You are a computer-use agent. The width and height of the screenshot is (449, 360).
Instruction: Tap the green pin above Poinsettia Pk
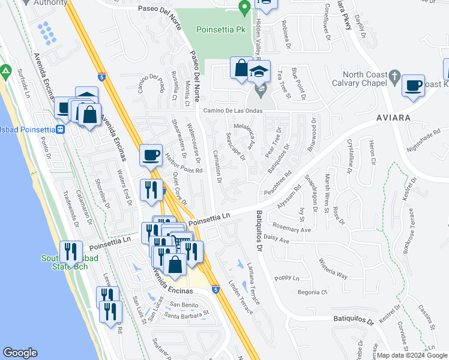click(x=244, y=8)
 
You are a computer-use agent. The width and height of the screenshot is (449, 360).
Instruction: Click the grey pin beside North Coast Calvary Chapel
click(x=394, y=76)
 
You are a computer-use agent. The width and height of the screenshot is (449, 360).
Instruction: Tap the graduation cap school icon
click(x=259, y=72)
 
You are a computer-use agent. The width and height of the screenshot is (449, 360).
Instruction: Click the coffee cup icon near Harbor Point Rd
click(x=151, y=155)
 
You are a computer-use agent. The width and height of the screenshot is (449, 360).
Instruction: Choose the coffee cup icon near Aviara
click(x=413, y=85)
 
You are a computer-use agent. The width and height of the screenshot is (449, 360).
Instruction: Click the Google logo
click(x=20, y=353)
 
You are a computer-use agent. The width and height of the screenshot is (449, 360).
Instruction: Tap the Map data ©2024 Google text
click(x=408, y=355)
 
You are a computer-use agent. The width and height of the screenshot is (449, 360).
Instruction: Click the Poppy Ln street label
click(x=287, y=278)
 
